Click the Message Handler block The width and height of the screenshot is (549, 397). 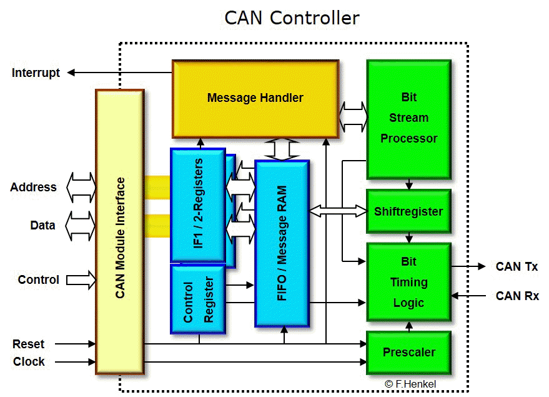[255, 98]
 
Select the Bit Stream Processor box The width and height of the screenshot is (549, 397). [408, 118]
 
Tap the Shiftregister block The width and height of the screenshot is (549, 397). [408, 211]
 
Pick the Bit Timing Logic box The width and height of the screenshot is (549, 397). [408, 282]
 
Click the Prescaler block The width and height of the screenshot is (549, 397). [408, 352]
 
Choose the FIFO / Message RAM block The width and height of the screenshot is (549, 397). [282, 243]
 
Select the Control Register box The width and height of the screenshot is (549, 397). [198, 299]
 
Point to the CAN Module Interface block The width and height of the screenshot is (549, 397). [120, 232]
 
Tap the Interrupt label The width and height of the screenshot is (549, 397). [36, 73]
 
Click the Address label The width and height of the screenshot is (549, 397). [33, 187]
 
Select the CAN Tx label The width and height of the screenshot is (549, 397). [517, 267]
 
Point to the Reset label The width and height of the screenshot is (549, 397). [29, 344]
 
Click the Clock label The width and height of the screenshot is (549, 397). [29, 361]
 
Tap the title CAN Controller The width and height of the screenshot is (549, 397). [292, 18]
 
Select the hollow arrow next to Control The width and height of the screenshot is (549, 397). [81, 279]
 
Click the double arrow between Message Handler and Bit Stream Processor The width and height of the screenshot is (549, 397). [354, 116]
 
